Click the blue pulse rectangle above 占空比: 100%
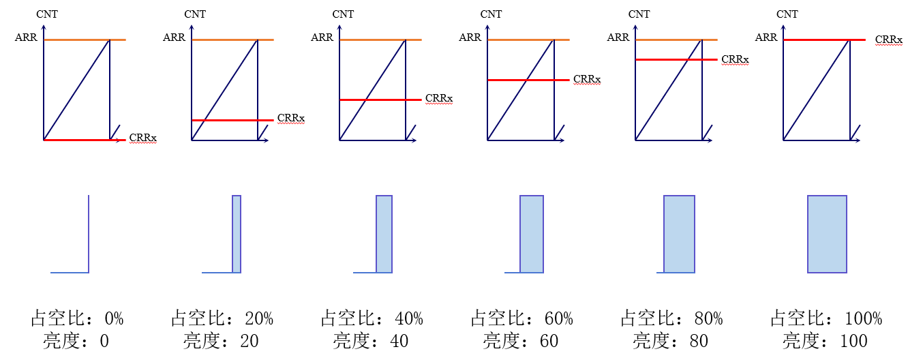(x=827, y=234)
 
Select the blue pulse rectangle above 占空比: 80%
(x=679, y=234)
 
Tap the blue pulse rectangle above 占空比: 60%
(x=532, y=234)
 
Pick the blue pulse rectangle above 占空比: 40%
(x=384, y=234)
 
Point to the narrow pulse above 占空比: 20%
(x=237, y=234)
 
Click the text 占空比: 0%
(x=77, y=318)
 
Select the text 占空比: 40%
(x=372, y=318)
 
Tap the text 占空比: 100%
(x=826, y=318)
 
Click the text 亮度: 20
(x=221, y=340)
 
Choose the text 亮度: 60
(x=521, y=340)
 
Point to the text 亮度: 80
(x=670, y=340)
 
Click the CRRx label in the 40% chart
(x=439, y=98)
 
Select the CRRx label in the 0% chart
(x=143, y=138)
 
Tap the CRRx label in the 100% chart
(x=889, y=40)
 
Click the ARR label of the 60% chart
(x=470, y=37)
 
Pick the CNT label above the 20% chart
(x=195, y=14)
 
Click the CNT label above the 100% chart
(x=787, y=14)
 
